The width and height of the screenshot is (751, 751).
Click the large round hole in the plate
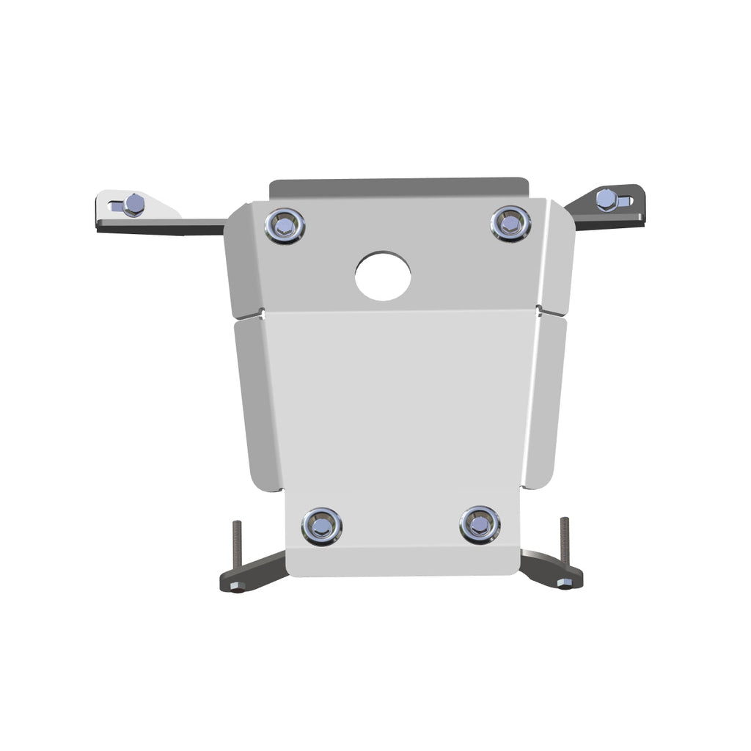383,276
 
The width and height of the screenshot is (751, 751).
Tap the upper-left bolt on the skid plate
285,225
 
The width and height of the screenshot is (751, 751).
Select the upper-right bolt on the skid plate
510,223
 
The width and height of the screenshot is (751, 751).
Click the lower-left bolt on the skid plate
321,525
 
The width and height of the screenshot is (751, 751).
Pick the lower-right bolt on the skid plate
480,524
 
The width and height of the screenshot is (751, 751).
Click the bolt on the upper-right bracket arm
606,199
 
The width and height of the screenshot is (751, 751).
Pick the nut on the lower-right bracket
563,583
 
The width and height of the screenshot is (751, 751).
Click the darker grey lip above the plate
400,187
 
